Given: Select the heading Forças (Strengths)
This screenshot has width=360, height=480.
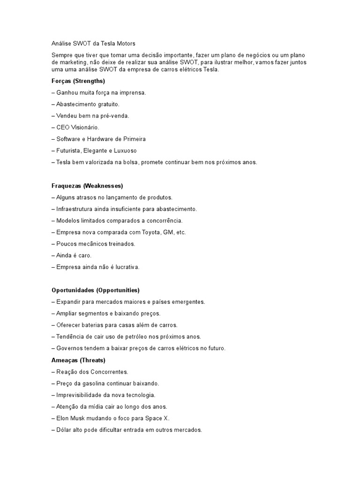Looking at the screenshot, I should (78, 81).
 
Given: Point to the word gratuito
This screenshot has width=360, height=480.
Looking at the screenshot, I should (107, 105).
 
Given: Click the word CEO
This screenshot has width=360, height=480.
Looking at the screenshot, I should (63, 127).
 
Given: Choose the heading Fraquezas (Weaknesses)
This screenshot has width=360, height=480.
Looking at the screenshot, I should (87, 186).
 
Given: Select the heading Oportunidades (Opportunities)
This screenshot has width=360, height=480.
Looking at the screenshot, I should (96, 290).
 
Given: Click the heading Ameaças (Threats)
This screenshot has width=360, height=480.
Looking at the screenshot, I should (78, 360).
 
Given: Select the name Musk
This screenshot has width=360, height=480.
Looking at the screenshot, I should (79, 418).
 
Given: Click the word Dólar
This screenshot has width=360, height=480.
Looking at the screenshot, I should (64, 429).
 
